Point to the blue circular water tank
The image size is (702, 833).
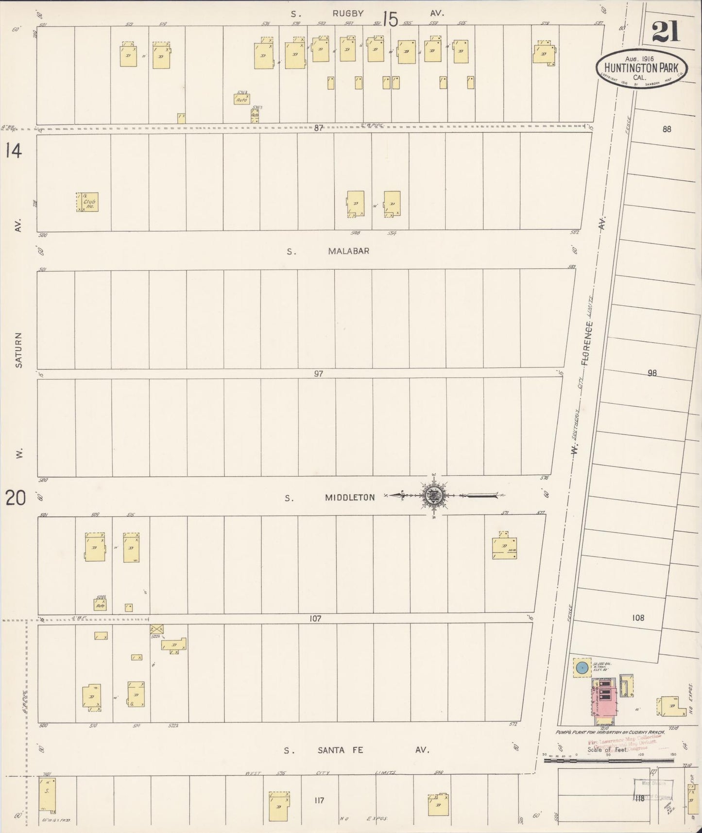pos(580,668)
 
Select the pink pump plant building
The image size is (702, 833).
pos(604,696)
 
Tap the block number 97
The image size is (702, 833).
pos(318,374)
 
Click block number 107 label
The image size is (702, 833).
pos(315,619)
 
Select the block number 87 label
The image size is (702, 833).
pos(318,128)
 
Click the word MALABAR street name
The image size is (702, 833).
pos(348,251)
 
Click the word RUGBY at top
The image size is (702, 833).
pos(348,14)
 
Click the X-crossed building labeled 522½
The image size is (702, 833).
pos(156,629)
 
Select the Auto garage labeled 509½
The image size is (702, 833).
pos(100,605)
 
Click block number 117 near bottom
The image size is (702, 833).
pos(319,800)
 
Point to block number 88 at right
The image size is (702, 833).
pos(667,129)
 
